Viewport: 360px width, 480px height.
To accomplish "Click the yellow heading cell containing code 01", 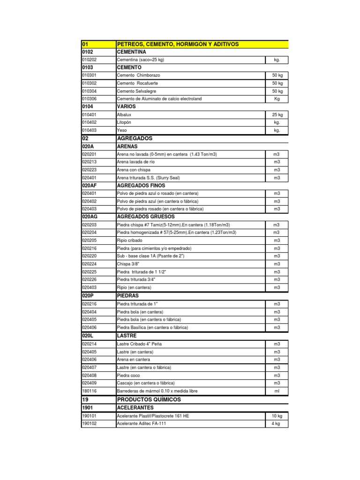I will (x=98, y=44).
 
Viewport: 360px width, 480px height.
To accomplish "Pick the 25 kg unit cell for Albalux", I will (x=277, y=115).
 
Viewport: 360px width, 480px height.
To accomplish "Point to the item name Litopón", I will (x=124, y=122).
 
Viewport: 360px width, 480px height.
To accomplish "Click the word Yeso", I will (x=121, y=130).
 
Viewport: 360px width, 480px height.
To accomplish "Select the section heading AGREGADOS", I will (x=136, y=139).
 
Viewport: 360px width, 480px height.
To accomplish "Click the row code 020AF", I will (x=90, y=186).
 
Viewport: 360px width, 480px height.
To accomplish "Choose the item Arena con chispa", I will (x=133, y=170).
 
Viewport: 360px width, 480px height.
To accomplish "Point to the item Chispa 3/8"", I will (x=127, y=264).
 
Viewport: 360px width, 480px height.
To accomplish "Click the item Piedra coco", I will (x=128, y=375).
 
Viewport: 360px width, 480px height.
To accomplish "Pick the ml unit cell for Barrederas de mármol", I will (x=277, y=391).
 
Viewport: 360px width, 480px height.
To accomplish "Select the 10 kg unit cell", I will (x=277, y=416).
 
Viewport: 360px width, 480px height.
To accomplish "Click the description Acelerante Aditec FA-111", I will (x=141, y=423).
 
